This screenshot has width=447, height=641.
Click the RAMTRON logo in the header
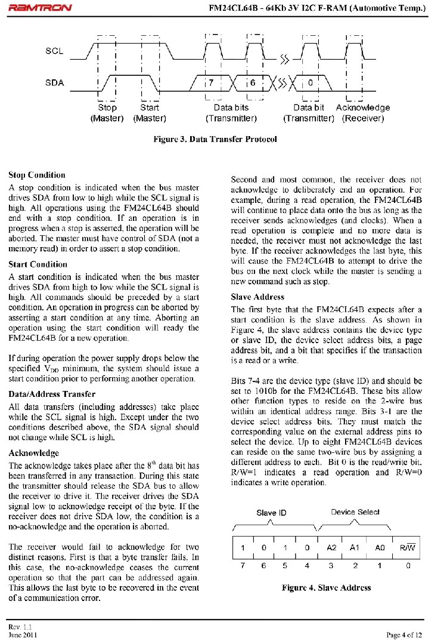(40, 8)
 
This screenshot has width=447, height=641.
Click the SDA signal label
(55, 82)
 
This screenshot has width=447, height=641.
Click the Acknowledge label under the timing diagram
(362, 107)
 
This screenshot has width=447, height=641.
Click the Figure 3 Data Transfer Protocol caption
(215, 139)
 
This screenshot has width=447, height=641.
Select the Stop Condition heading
(37, 175)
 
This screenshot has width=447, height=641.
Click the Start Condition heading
(38, 264)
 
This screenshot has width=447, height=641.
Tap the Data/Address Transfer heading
(52, 394)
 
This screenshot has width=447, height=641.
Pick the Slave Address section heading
(257, 297)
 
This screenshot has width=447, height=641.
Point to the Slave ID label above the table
(271, 513)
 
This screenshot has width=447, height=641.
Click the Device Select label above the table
(355, 512)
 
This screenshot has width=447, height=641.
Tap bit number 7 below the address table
(243, 566)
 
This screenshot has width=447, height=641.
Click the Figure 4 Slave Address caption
(326, 587)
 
